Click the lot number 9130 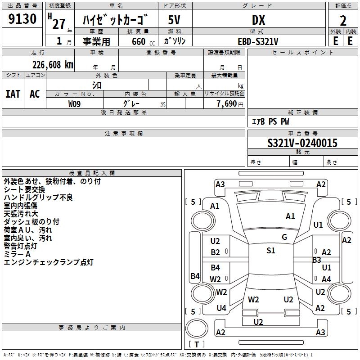[22, 20]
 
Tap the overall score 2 [343, 20]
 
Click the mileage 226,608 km [52, 64]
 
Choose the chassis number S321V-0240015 [302, 143]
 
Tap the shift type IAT [13, 94]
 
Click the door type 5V [175, 20]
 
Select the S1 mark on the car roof [271, 251]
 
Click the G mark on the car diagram [284, 237]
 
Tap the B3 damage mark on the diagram [317, 260]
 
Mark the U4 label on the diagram [221, 308]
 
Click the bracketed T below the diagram [197, 345]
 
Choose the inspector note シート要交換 [24, 189]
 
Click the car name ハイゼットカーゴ [116, 21]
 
